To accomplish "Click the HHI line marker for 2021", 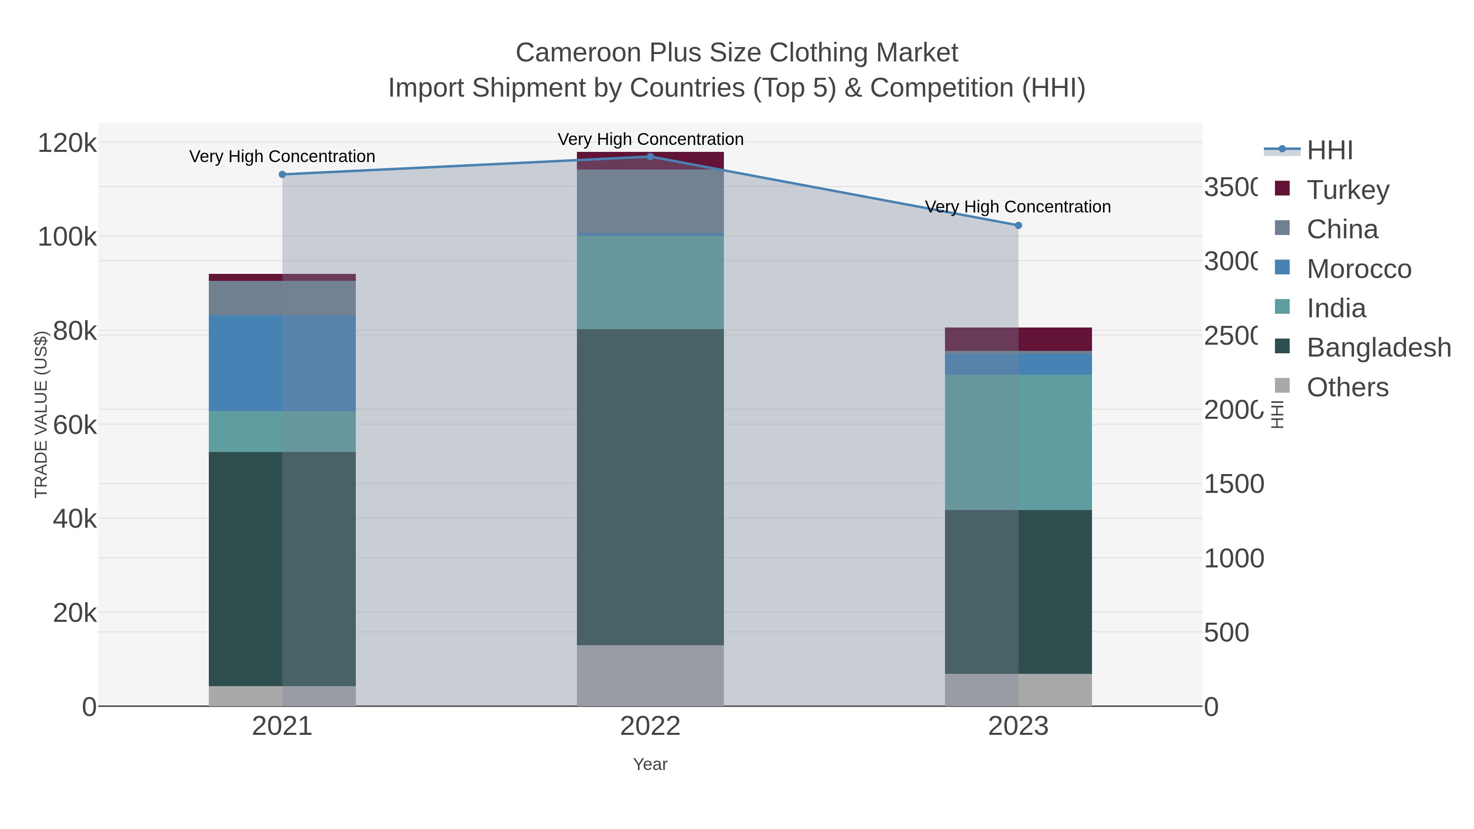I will click(282, 174).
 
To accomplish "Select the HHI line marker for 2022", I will click(650, 157).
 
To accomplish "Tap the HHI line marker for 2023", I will click(1018, 226).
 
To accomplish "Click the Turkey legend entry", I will click(1347, 190).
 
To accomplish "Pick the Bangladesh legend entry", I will click(1379, 347).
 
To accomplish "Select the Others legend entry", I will click(1347, 387).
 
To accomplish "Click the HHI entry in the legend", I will click(1329, 150).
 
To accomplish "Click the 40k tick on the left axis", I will click(75, 519).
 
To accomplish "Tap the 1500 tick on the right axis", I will click(1234, 484).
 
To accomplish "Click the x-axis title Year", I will click(650, 764).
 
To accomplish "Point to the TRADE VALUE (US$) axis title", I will click(41, 414).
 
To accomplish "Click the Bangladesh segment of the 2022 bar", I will click(650, 486).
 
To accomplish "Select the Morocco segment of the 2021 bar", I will click(282, 363).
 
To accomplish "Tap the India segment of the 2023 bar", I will click(1018, 442).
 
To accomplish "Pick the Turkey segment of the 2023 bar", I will click(1018, 339).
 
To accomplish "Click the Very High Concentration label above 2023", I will click(1018, 207).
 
